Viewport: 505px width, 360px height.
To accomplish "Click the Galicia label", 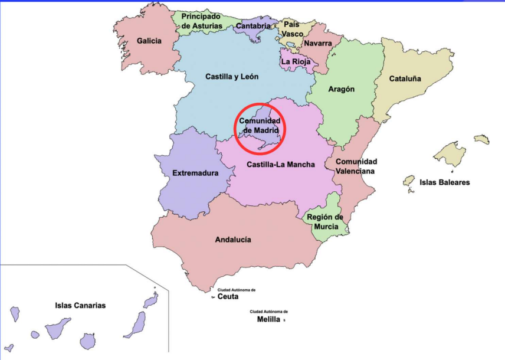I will [149, 41].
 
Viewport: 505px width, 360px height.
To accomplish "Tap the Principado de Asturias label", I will [201, 21].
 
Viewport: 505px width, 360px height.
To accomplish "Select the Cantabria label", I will [253, 26].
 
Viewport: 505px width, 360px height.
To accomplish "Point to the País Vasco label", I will [291, 29].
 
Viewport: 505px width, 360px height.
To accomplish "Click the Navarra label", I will [317, 43].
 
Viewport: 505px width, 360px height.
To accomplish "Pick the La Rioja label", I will [294, 61].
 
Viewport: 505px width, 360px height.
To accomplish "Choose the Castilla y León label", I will [232, 76].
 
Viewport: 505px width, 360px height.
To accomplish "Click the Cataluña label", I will [405, 78].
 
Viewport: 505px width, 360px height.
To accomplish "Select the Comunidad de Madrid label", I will [260, 125].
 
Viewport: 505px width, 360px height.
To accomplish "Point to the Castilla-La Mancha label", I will [281, 164].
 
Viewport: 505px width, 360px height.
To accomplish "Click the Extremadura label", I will [195, 173].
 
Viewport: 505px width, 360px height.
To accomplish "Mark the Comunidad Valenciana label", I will [356, 166].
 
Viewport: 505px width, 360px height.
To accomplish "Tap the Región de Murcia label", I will [324, 221].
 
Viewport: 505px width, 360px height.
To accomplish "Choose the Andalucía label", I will [233, 240].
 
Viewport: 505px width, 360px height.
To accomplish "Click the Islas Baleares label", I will [445, 182].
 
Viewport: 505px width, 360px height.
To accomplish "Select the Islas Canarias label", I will [80, 305].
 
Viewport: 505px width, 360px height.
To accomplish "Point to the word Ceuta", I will [228, 297].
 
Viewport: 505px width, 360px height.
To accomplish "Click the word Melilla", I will [268, 319].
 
